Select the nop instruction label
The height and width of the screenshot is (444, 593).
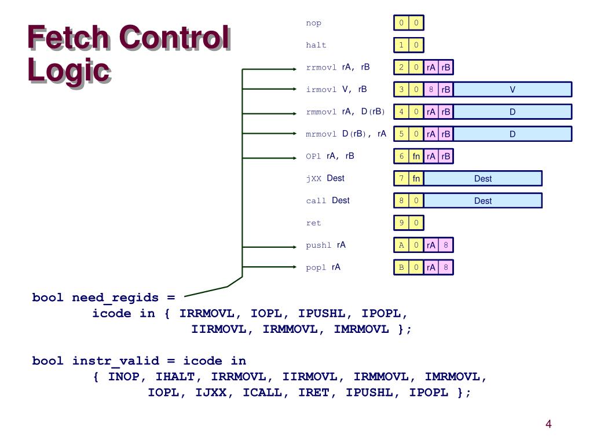coord(313,23)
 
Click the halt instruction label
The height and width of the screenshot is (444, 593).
coord(316,45)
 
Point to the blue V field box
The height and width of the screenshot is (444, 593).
coord(513,90)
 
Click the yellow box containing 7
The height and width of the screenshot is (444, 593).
coord(401,178)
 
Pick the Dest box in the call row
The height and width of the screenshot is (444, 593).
coord(483,201)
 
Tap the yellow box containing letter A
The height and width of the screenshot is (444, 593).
coord(401,245)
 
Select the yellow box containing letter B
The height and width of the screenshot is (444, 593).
coord(401,267)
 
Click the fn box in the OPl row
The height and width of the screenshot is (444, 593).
coord(416,156)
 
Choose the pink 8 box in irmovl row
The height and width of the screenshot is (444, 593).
coord(431,90)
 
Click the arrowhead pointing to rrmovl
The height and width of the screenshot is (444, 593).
coord(295,69)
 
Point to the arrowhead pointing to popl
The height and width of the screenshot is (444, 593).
coord(295,267)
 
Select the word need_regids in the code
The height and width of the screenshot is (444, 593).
coord(115,298)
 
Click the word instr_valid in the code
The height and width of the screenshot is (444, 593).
coord(115,361)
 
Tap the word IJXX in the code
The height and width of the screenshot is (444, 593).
coord(210,392)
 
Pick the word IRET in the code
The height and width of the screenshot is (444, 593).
coord(313,392)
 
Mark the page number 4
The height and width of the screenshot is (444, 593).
coord(548,424)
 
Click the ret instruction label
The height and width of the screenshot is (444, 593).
coord(313,223)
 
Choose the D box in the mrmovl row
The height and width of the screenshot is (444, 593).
coord(513,134)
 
